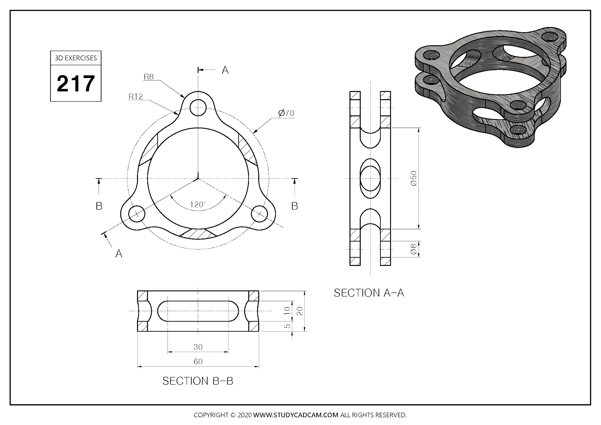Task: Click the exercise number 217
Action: coord(76,84)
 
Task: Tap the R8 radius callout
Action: coord(148,77)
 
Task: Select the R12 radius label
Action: coord(136,97)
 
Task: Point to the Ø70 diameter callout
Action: coord(286,113)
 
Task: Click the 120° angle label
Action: coord(198,205)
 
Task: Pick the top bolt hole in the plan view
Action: coord(198,108)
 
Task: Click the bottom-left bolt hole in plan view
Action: coord(137,214)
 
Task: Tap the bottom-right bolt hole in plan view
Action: coord(260,214)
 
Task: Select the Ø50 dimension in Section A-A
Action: coord(414,178)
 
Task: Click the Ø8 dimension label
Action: coord(414,249)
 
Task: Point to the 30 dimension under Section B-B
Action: coord(198,347)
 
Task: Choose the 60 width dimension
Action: coord(198,362)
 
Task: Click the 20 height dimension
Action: coord(300,311)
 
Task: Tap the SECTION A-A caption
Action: coord(369,293)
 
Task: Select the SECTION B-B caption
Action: coord(198,381)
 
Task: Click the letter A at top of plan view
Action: coord(225,70)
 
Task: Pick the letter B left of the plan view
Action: coord(99,206)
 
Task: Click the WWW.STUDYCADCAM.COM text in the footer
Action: coord(296,415)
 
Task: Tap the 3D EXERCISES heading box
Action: coord(76,58)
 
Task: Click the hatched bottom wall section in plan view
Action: coord(198,234)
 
